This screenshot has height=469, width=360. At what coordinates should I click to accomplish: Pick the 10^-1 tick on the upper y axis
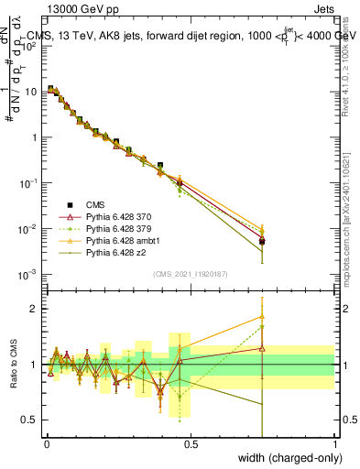27,182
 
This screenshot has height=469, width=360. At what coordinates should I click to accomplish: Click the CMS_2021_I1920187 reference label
190,274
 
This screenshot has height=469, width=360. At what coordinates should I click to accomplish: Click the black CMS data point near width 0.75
263,242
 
